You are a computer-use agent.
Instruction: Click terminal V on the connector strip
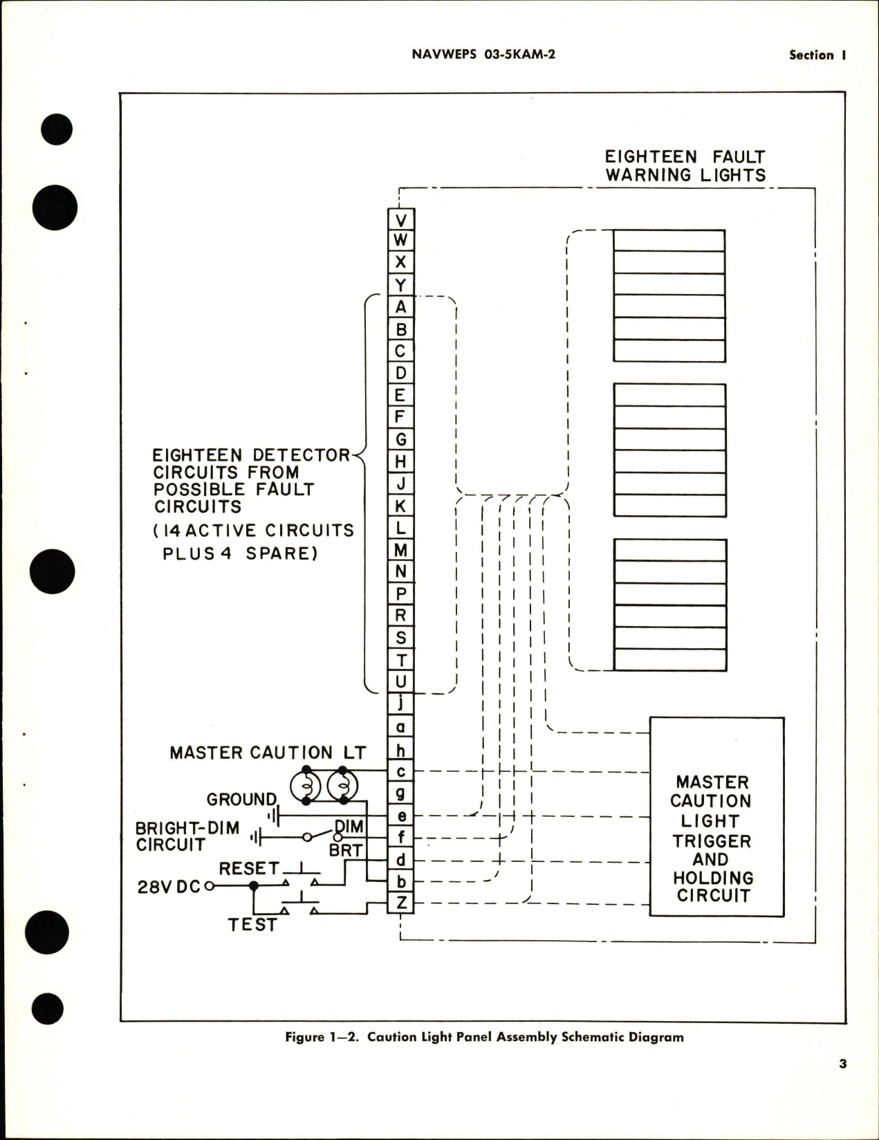400,220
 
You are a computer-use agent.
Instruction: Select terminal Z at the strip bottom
400,903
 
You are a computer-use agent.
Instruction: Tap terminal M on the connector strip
400,550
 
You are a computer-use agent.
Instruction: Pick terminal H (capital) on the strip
400,461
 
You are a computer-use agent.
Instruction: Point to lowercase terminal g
400,793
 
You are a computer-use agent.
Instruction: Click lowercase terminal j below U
400,704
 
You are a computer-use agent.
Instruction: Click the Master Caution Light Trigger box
716,817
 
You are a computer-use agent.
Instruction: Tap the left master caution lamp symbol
306,786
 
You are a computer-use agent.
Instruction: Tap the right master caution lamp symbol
342,786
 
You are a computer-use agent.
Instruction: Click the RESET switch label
249,868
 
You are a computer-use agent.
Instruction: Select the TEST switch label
252,925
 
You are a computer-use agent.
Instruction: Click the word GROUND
241,800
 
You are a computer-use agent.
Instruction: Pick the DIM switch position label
349,827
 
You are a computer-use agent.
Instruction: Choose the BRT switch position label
346,850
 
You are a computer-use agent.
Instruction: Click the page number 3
842,1064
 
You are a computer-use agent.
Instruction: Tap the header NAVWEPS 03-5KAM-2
483,54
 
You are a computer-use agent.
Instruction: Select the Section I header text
817,55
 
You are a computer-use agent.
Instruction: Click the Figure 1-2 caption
484,1037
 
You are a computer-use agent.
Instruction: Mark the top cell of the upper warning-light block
669,241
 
